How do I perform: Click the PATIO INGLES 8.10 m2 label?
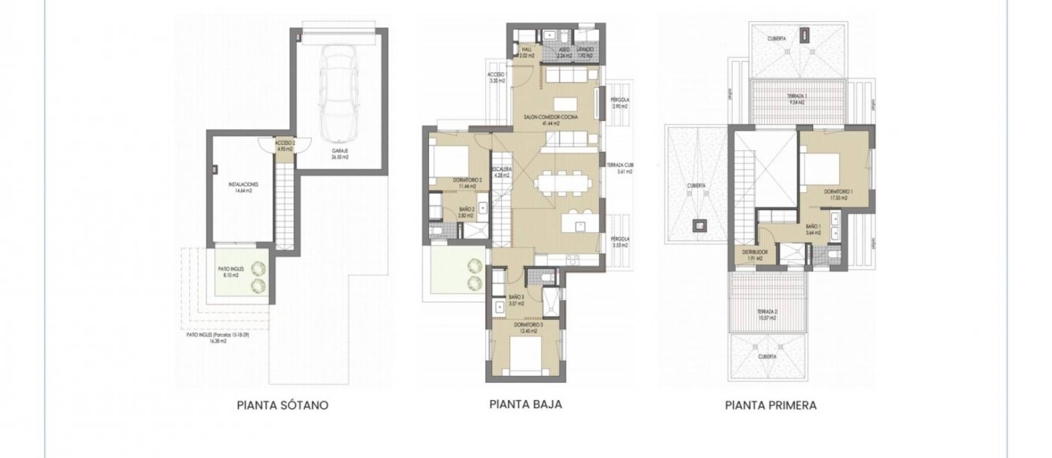tap(231, 273)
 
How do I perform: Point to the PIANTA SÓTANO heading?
tap(283, 405)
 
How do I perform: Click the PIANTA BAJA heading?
tap(525, 404)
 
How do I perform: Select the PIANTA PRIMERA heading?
tap(770, 405)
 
